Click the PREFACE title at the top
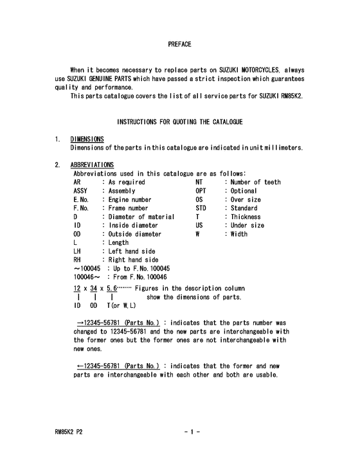click(179, 44)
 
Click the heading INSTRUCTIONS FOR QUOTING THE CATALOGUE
click(179, 121)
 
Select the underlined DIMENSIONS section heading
click(87, 139)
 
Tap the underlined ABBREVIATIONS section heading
click(93, 165)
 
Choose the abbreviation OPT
click(201, 191)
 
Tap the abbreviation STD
click(201, 208)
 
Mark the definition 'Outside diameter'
click(134, 235)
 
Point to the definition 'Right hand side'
click(132, 260)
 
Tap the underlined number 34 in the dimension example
click(94, 289)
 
